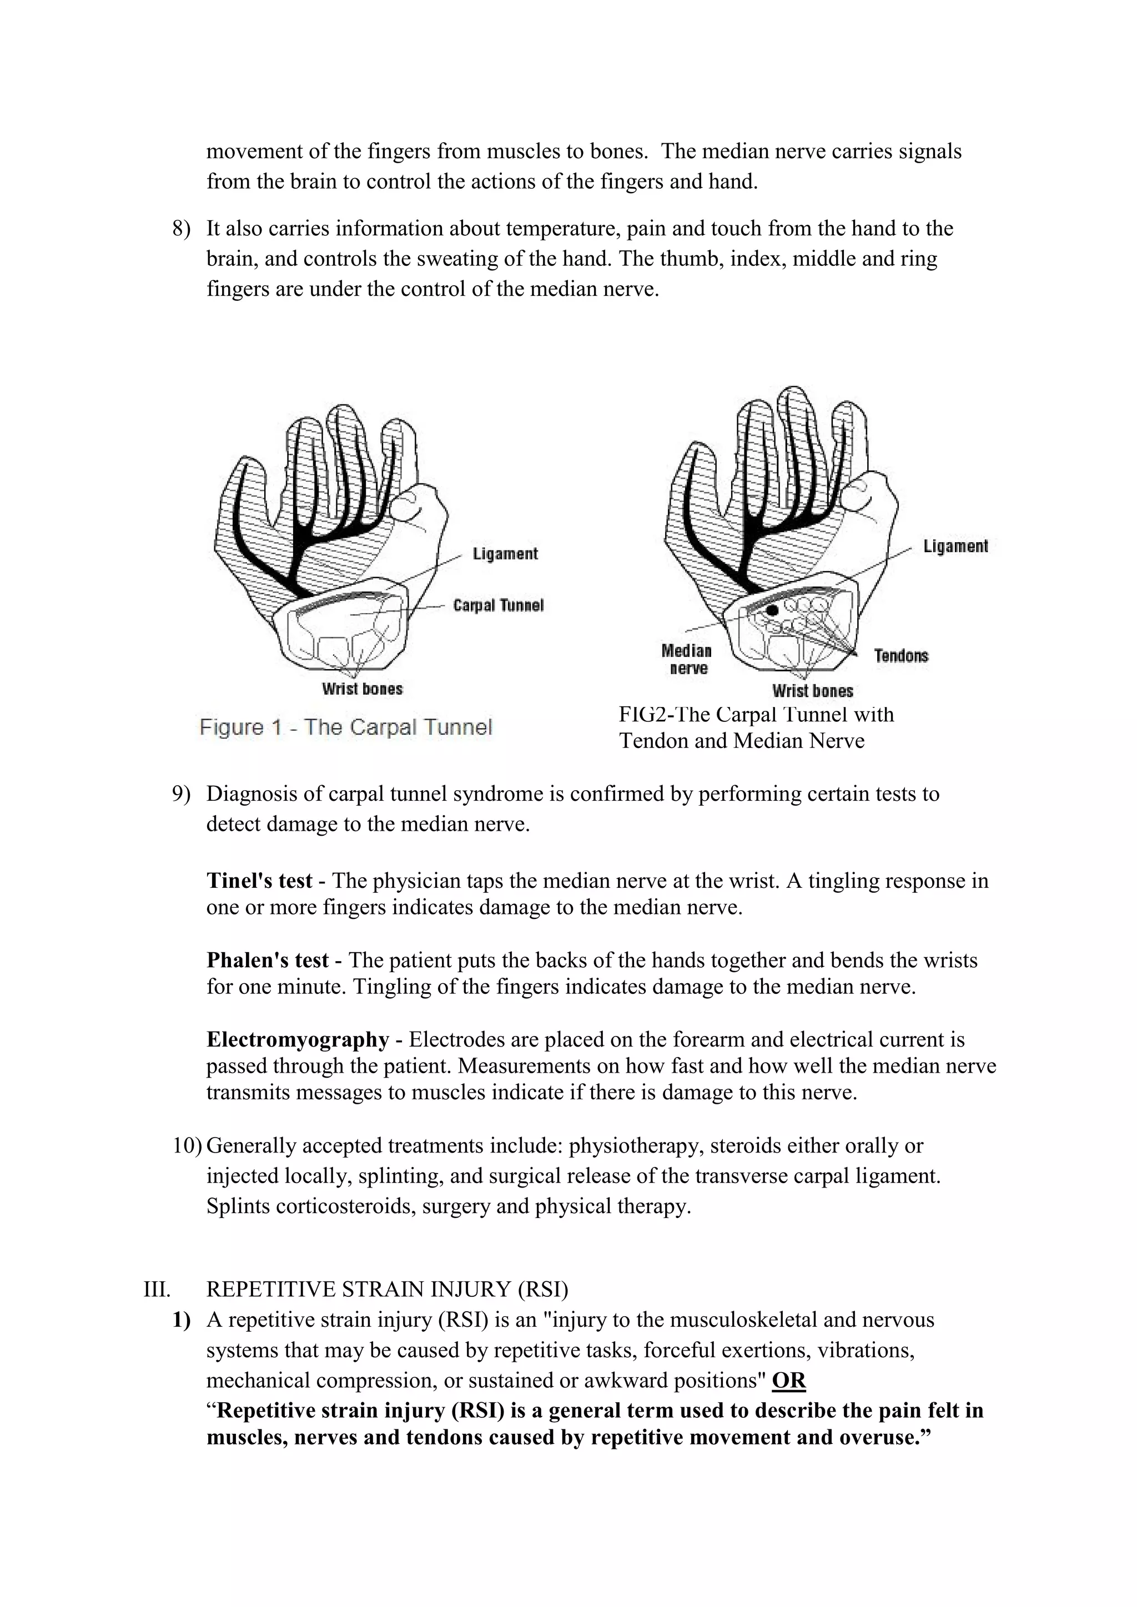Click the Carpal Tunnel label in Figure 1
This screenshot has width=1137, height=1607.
[498, 605]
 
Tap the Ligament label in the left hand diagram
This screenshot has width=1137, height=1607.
[505, 554]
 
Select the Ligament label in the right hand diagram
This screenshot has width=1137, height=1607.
[955, 546]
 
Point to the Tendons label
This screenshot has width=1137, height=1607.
[901, 656]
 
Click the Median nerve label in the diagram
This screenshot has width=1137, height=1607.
[686, 659]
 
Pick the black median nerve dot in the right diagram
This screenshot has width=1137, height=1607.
[772, 610]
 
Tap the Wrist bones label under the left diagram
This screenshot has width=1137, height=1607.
[362, 689]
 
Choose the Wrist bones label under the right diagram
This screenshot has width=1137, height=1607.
[812, 691]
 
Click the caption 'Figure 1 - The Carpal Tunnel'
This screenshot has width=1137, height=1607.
[346, 727]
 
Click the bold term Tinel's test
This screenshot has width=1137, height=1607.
[259, 881]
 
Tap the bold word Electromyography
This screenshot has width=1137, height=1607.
[298, 1039]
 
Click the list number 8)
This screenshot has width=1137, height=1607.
[182, 229]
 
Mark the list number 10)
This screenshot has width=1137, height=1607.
[187, 1146]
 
